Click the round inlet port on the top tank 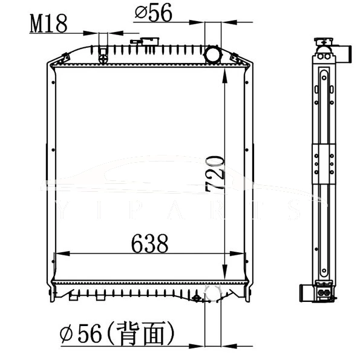coord(213,55)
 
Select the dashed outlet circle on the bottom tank coord(213,294)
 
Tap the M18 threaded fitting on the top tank coord(103,54)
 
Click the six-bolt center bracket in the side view coord(324,163)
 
